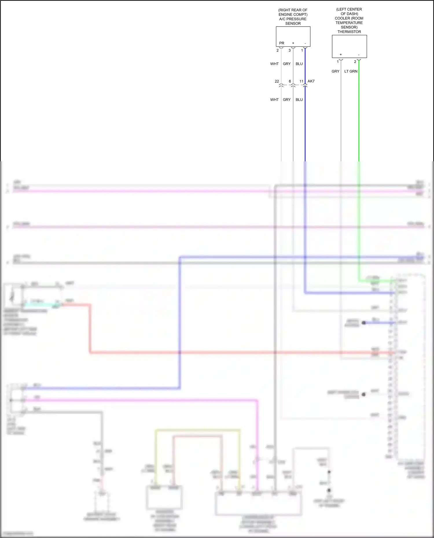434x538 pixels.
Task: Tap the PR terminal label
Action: pyautogui.click(x=282, y=43)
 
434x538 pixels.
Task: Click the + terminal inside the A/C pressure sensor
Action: pyautogui.click(x=293, y=43)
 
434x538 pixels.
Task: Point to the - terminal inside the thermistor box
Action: pyautogui.click(x=359, y=55)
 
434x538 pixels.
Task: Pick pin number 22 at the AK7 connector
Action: pyautogui.click(x=277, y=81)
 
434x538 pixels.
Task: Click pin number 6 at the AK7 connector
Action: pyautogui.click(x=290, y=81)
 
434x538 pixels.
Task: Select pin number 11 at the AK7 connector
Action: pyautogui.click(x=301, y=81)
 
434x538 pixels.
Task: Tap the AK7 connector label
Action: pyautogui.click(x=311, y=81)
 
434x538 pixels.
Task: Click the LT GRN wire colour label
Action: pyautogui.click(x=351, y=71)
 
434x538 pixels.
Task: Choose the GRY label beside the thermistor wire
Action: pyautogui.click(x=335, y=71)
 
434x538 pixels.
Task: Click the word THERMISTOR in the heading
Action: pyautogui.click(x=349, y=32)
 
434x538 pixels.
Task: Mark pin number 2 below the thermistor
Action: pyautogui.click(x=355, y=62)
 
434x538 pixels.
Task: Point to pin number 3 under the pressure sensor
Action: pyautogui.click(x=290, y=50)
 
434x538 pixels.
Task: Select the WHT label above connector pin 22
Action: pyautogui.click(x=274, y=64)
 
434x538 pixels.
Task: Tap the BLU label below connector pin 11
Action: pyautogui.click(x=299, y=100)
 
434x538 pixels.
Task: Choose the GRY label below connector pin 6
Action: pyautogui.click(x=287, y=100)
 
